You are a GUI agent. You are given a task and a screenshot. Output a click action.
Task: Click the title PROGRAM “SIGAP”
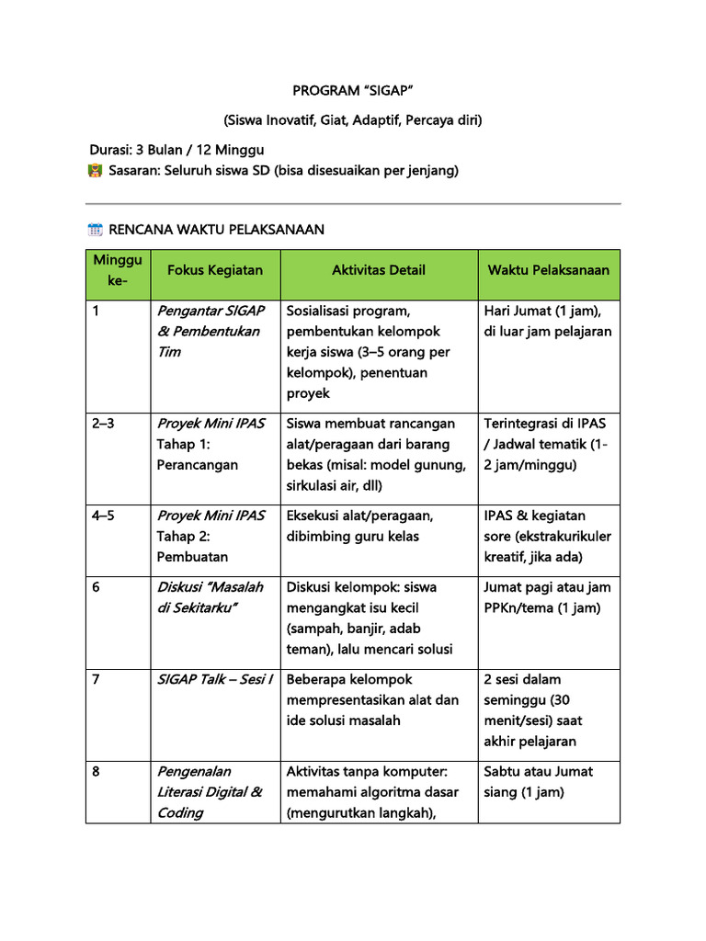tap(352, 90)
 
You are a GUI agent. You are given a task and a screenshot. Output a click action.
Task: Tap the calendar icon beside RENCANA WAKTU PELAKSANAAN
tap(95, 230)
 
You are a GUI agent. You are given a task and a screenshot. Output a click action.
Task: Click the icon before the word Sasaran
tap(95, 171)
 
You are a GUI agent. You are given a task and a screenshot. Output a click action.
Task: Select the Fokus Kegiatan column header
tap(215, 270)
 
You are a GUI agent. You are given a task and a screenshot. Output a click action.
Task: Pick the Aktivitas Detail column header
tap(379, 270)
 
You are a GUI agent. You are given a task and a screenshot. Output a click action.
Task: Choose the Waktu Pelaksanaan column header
tap(548, 270)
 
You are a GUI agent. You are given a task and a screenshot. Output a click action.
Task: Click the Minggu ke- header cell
tap(118, 270)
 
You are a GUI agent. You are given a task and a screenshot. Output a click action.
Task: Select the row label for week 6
tap(97, 587)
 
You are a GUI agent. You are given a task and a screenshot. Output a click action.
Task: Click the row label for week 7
tap(97, 679)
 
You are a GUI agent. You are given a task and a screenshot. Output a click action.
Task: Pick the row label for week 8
tap(97, 771)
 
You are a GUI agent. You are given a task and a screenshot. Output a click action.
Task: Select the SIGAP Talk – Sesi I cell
tap(215, 679)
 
